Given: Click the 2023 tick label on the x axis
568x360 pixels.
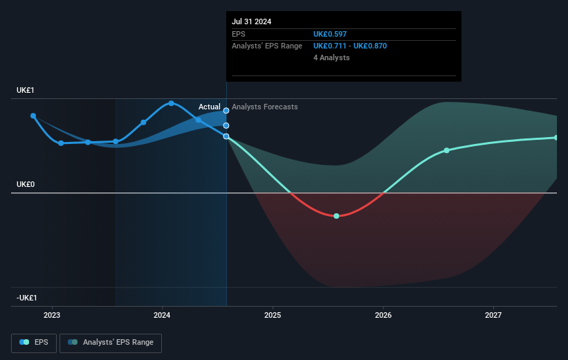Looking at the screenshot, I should [x=52, y=315].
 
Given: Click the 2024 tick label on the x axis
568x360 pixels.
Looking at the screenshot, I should [x=162, y=315].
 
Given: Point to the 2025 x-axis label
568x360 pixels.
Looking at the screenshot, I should [x=273, y=315].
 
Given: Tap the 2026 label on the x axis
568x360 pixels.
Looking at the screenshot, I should [x=383, y=315].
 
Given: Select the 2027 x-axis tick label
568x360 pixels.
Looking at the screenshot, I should [x=493, y=315].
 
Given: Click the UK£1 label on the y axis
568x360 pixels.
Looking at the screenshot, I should [x=26, y=90].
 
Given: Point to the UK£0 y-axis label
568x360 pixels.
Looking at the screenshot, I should [x=26, y=185].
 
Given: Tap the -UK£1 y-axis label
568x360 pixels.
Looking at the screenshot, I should [x=28, y=298].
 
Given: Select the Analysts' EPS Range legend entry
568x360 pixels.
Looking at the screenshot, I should [x=111, y=342].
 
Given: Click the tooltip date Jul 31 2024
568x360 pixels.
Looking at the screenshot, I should [x=252, y=21].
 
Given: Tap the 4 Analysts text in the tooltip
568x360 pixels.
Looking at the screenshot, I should [x=331, y=57].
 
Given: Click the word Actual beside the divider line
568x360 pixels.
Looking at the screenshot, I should [x=209, y=107].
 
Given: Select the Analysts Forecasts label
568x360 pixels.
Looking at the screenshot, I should [x=265, y=107].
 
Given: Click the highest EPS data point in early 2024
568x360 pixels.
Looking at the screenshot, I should [x=172, y=103].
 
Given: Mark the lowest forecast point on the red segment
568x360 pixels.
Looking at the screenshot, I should [x=336, y=216].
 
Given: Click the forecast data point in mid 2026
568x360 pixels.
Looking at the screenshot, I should [x=447, y=150].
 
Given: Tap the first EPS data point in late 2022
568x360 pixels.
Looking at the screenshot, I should [x=33, y=116].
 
